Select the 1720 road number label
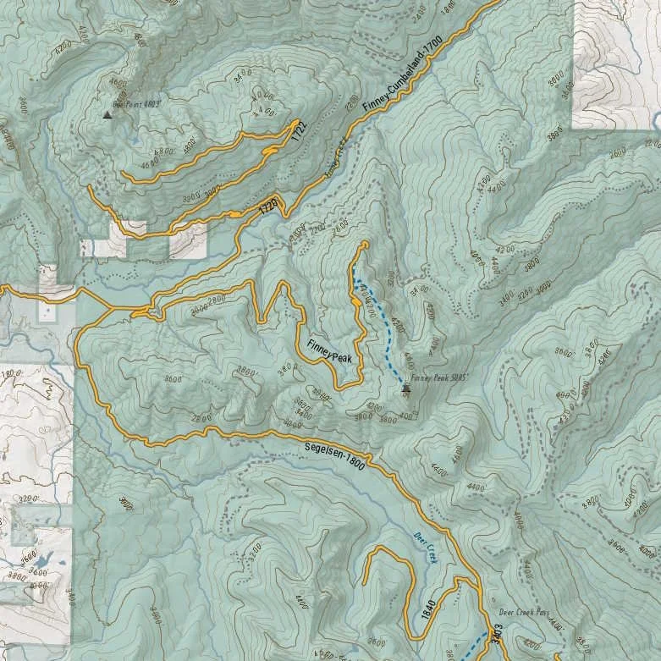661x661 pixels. [268, 206]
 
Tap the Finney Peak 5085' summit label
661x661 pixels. [439, 379]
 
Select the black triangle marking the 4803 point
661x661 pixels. [107, 114]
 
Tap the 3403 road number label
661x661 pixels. [497, 635]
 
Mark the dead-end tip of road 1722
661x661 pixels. [124, 175]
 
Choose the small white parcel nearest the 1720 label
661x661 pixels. [187, 245]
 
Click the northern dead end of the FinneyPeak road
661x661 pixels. [364, 245]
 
